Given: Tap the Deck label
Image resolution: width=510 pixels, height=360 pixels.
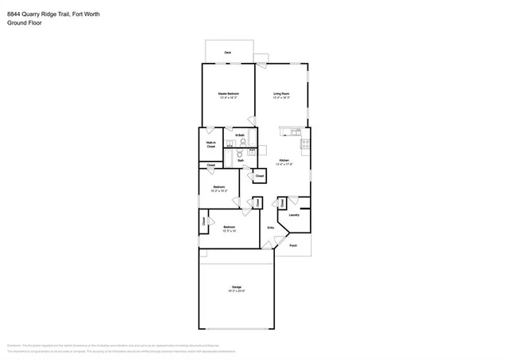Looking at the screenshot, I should point(227,53).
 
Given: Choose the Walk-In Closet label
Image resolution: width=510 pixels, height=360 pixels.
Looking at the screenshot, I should point(211,145).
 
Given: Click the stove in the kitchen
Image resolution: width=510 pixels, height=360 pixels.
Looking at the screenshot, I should point(304,144).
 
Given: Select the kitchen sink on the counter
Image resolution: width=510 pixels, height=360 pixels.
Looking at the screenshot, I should point(296,130).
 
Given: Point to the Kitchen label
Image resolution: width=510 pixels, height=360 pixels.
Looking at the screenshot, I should point(284,162).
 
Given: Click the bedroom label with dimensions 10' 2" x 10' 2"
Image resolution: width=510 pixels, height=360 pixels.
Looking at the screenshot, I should point(218,189).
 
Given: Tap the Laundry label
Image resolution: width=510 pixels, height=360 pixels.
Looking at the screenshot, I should point(293,215).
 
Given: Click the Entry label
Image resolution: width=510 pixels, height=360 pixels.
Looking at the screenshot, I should point(271,228).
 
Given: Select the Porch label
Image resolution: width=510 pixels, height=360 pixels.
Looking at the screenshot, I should point(293,245).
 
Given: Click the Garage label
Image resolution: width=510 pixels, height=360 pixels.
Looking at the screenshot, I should point(237,288).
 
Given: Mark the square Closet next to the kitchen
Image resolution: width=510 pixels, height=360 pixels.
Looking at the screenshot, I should point(260,175).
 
